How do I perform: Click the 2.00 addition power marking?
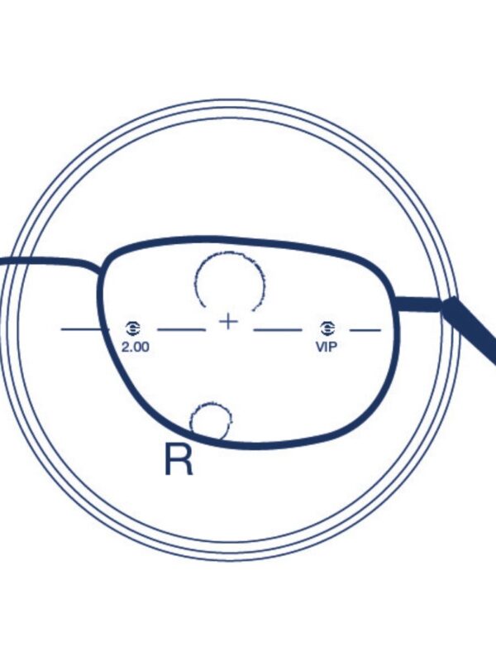coord(136,347)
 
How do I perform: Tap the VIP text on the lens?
coord(327,347)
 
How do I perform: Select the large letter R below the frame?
coord(179,459)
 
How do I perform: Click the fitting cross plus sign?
coord(229,322)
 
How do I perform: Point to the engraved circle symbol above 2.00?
coord(133,328)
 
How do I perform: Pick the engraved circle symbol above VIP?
coord(327,328)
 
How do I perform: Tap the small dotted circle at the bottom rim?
coord(211,420)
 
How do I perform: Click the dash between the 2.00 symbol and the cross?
coord(181,329)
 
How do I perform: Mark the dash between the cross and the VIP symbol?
coord(277,329)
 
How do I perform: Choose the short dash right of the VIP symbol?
coord(365,329)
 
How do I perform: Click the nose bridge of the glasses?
coord(50,262)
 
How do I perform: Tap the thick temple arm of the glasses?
coord(469,329)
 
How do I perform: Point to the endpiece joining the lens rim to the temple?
coord(417,305)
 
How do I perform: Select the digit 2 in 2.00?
coord(126,347)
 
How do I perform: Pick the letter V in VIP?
coord(321,347)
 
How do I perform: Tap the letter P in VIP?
coord(333,347)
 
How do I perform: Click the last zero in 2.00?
coord(145,347)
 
